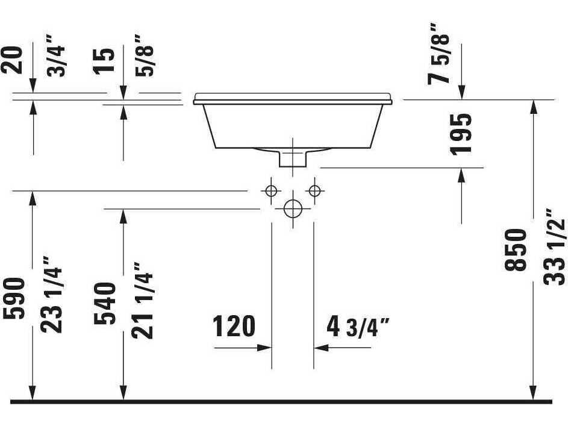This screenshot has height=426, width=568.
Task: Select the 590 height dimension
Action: [14, 298]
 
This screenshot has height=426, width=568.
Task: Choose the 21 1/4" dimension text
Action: [143, 300]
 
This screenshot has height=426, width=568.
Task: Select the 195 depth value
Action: [462, 133]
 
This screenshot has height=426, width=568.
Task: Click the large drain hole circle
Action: [293, 209]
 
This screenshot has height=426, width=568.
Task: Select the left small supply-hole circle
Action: [271, 191]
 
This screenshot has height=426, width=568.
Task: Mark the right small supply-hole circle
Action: [314, 191]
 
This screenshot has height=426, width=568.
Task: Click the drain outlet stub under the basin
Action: [293, 158]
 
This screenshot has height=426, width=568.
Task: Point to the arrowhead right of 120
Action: [264, 348]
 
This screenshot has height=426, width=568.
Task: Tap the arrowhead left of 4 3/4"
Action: [320, 348]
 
